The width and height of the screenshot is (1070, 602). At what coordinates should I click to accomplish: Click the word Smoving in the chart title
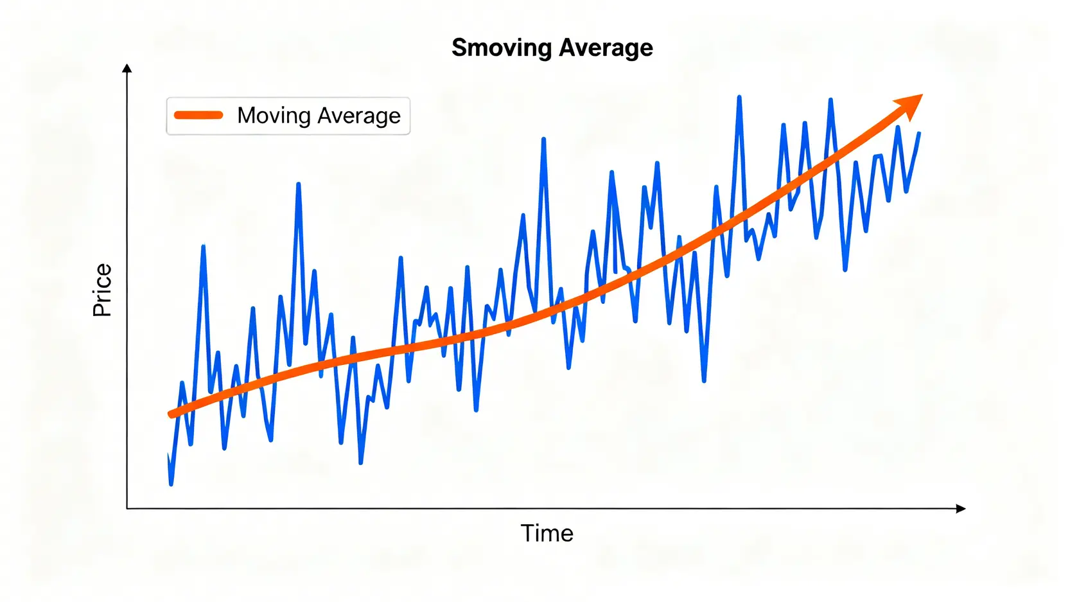pyautogui.click(x=502, y=48)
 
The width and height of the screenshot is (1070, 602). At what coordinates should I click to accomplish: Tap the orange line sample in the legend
pyautogui.click(x=198, y=116)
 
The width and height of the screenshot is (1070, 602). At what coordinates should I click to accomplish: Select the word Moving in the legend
pyautogui.click(x=274, y=116)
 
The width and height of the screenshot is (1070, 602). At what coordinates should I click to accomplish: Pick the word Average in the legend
pyautogui.click(x=359, y=116)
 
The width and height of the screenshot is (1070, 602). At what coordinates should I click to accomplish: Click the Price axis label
pyautogui.click(x=102, y=290)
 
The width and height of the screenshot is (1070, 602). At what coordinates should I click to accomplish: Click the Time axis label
pyautogui.click(x=547, y=533)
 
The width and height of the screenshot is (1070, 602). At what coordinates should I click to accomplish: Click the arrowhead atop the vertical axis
pyautogui.click(x=127, y=68)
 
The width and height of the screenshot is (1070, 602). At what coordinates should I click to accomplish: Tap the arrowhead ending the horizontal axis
pyautogui.click(x=961, y=508)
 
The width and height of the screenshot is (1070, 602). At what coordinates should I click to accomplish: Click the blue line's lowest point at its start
pyautogui.click(x=171, y=484)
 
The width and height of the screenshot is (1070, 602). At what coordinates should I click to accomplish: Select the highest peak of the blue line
pyautogui.click(x=739, y=98)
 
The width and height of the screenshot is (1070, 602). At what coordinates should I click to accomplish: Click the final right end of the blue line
pyautogui.click(x=919, y=133)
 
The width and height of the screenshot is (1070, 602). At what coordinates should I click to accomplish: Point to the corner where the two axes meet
pyautogui.click(x=127, y=508)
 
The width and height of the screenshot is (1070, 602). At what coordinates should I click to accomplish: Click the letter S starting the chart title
pyautogui.click(x=459, y=48)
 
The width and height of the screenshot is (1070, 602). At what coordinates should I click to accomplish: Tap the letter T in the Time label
pyautogui.click(x=527, y=533)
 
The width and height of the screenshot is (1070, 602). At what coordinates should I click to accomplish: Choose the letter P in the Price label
pyautogui.click(x=102, y=310)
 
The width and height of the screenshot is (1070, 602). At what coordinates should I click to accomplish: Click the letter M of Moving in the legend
pyautogui.click(x=247, y=116)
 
